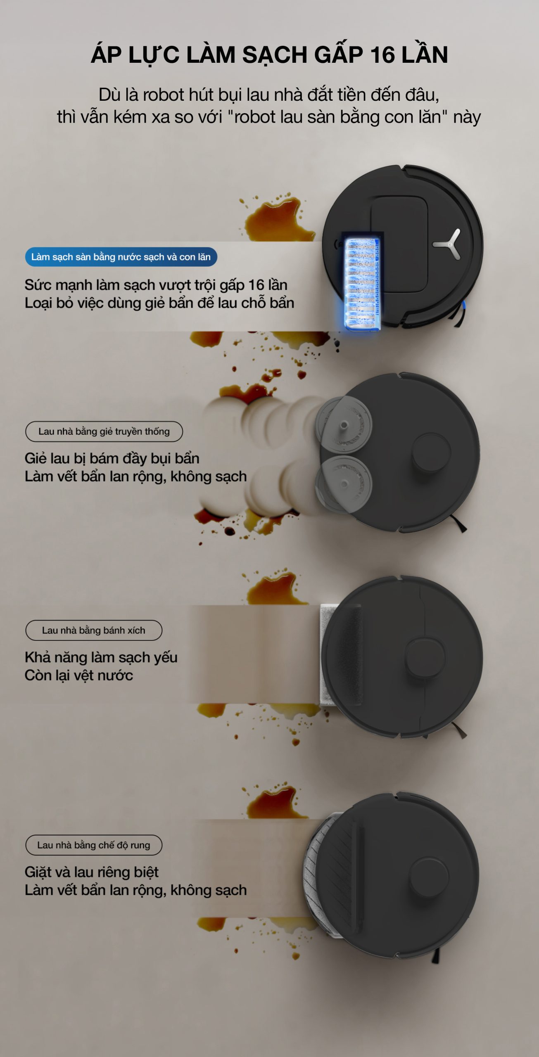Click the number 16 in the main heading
click(x=382, y=55)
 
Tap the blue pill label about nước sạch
click(x=121, y=257)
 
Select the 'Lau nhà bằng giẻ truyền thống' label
click(x=104, y=431)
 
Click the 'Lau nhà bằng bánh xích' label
click(x=94, y=630)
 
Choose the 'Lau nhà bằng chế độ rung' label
click(x=94, y=845)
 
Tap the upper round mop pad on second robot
click(x=344, y=424)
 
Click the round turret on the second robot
click(x=431, y=451)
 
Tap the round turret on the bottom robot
click(x=429, y=876)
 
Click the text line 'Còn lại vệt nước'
click(x=79, y=675)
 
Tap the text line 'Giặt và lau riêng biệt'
click(x=92, y=872)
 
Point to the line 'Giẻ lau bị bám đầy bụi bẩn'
click(x=112, y=459)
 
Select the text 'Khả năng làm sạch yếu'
click(x=101, y=657)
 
